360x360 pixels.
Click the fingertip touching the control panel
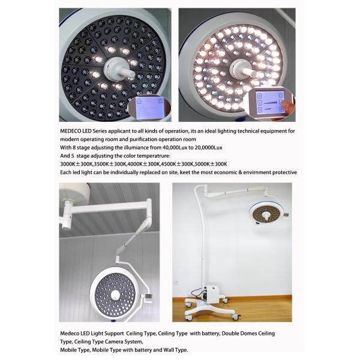(287, 105)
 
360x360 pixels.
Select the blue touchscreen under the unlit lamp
(149, 107)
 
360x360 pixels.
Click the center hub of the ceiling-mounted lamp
(115, 295)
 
